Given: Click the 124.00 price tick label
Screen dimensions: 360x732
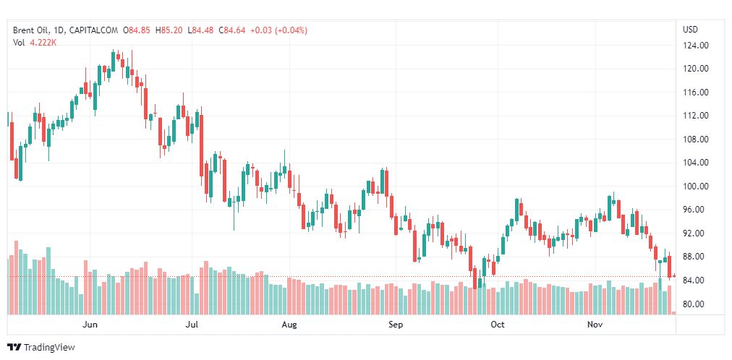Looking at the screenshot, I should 695,46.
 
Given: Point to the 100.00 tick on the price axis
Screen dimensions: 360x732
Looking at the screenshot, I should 695,187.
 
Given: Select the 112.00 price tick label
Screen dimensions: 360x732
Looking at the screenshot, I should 695,116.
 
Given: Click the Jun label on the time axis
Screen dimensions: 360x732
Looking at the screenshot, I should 90,325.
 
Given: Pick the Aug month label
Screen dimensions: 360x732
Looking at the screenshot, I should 289,325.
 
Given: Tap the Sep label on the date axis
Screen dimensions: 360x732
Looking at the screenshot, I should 395,325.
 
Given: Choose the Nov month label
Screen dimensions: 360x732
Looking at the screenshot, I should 595,325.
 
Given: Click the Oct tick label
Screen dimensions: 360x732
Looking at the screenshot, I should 497,325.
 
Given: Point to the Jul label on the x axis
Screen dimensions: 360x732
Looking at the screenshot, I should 192,325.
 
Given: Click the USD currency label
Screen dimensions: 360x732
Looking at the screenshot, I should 690,30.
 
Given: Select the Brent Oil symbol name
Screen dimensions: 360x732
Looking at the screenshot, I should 31,30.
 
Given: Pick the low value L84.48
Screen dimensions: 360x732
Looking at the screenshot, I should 200,30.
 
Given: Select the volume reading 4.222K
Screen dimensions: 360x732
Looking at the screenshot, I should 43,43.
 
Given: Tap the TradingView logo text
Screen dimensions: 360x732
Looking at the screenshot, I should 48,348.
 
